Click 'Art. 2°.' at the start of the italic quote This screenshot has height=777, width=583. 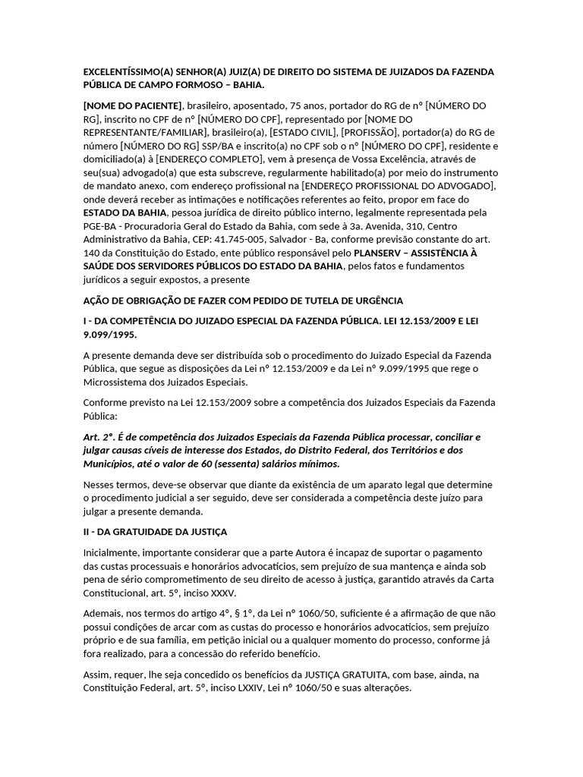(x=101, y=438)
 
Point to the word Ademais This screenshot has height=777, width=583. (x=103, y=612)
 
